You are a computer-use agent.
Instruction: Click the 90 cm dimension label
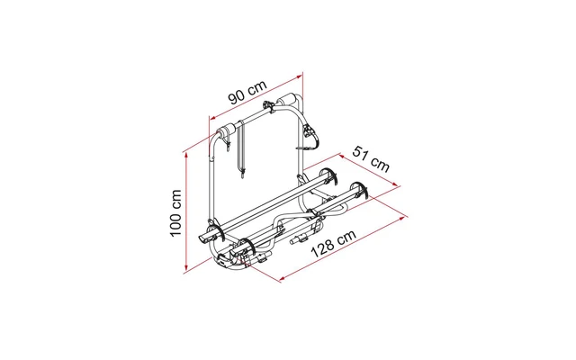tap(247, 92)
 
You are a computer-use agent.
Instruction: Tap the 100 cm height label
tap(176, 213)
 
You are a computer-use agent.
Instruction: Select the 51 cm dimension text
tap(371, 158)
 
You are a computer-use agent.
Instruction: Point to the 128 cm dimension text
tap(334, 244)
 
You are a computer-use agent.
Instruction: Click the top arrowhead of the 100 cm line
tap(186, 155)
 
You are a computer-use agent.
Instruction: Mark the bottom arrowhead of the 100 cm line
tap(186, 268)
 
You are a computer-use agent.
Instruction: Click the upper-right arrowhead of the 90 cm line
tap(299, 76)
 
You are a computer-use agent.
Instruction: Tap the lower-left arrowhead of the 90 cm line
tap(212, 118)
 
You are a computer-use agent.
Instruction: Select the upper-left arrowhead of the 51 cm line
tap(342, 157)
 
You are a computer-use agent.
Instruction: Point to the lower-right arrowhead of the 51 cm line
tap(396, 184)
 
